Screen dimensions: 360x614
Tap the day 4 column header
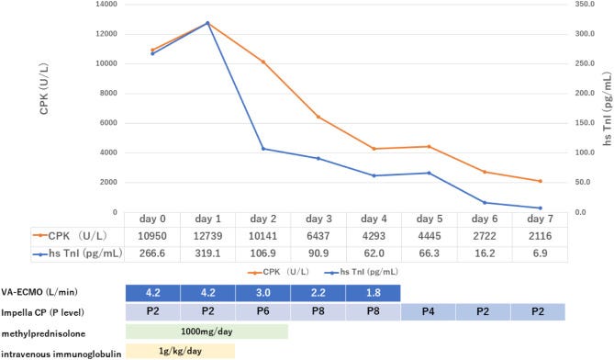pyautogui.click(x=374, y=220)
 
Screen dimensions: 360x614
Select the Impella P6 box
pyautogui.click(x=262, y=312)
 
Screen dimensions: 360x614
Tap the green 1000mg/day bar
pyautogui.click(x=207, y=332)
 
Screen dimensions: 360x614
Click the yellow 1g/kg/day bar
pyautogui.click(x=180, y=351)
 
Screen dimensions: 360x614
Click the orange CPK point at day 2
pyautogui.click(x=262, y=62)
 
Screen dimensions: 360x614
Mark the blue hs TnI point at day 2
pyautogui.click(x=262, y=149)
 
